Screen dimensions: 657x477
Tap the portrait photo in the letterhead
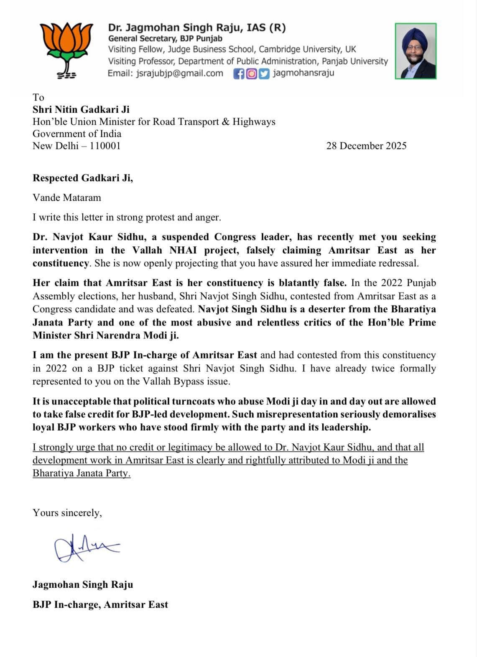(416, 51)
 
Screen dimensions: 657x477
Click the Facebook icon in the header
(239, 74)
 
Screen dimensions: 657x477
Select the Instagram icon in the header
(251, 74)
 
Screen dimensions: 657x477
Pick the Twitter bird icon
(264, 74)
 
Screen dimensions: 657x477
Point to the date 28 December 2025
(366, 146)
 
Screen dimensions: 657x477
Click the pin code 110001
(105, 146)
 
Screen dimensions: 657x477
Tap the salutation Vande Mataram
(67, 197)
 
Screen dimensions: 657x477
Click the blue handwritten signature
(86, 547)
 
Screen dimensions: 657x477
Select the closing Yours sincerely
(67, 513)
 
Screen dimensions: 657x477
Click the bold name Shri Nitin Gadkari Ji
(81, 109)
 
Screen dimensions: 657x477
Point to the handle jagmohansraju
(303, 73)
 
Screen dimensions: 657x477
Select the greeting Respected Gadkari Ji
(83, 178)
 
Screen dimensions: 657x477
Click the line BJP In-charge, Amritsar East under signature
(100, 604)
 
